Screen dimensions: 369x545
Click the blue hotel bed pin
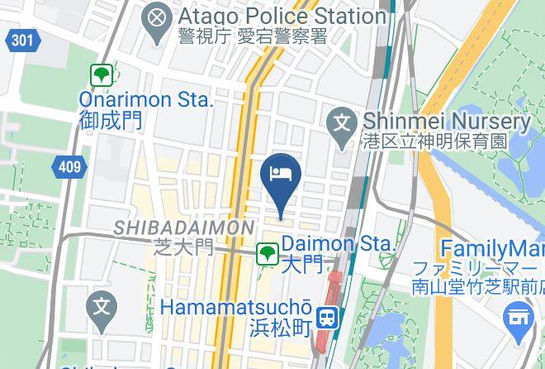point(280,175)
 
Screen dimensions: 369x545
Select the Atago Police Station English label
point(281,16)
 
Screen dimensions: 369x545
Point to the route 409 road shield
point(70,167)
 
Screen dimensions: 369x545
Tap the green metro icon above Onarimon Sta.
point(102,76)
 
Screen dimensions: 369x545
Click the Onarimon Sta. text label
point(146,99)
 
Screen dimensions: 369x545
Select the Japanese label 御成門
point(111,120)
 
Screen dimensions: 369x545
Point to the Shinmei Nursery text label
point(447,122)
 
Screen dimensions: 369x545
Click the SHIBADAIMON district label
point(183,227)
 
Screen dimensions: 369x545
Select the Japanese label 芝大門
point(183,247)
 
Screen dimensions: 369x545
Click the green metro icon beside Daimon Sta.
point(266,253)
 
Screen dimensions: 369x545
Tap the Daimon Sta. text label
point(339,244)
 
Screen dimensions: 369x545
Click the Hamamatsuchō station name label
point(235,306)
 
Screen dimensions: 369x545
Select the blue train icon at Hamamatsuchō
point(328,316)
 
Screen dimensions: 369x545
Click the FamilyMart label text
point(492,248)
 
